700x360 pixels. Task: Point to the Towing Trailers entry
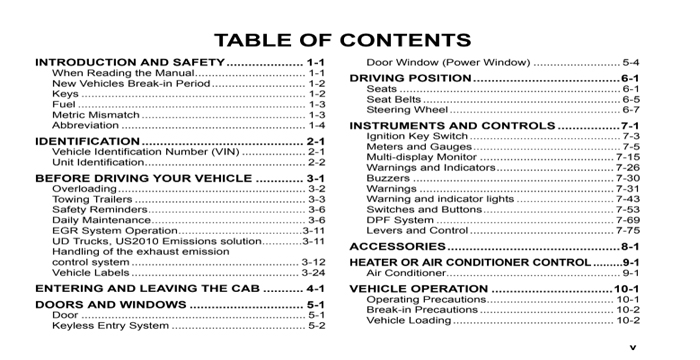(x=92, y=199)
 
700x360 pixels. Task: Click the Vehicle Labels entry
(x=89, y=272)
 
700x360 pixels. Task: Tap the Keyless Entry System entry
(x=110, y=325)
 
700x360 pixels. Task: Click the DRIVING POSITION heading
(x=409, y=77)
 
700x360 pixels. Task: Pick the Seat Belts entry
(x=394, y=100)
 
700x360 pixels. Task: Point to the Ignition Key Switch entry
(x=417, y=136)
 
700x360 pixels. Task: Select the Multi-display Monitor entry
(x=421, y=157)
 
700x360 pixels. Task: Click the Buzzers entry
(x=388, y=178)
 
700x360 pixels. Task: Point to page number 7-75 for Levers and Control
(x=627, y=230)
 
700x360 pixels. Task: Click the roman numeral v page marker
(x=632, y=347)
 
